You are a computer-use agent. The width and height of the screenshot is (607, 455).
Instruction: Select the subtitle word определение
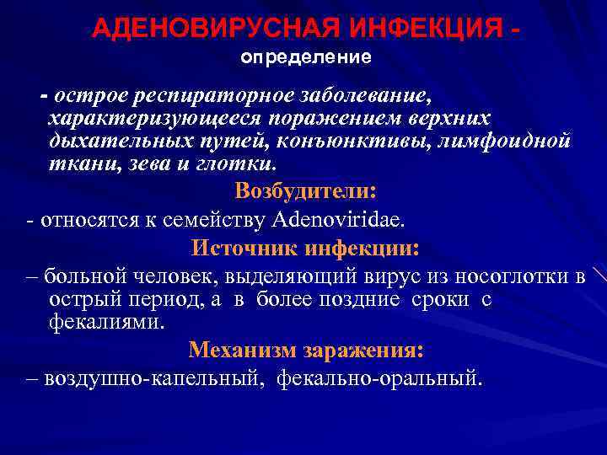(306, 59)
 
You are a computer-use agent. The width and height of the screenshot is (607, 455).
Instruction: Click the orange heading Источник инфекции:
(305, 249)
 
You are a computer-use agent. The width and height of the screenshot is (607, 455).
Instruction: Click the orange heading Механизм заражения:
(305, 349)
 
